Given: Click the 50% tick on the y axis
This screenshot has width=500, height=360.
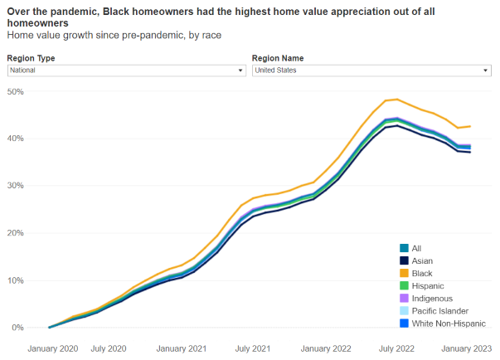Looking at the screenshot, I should click(x=17, y=90).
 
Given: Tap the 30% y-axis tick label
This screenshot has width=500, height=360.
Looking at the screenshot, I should click(x=17, y=185).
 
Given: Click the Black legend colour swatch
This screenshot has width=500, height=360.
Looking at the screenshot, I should click(x=404, y=273).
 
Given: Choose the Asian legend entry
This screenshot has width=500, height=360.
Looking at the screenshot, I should click(x=423, y=260).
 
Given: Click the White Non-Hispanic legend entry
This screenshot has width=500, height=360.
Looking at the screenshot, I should click(x=449, y=324).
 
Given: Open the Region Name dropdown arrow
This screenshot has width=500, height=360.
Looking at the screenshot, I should click(x=486, y=71).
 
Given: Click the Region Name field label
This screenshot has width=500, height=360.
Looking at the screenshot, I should click(x=278, y=58).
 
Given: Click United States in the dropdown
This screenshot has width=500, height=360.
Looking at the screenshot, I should click(x=275, y=71).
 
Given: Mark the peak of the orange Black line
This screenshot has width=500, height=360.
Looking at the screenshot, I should click(x=399, y=100).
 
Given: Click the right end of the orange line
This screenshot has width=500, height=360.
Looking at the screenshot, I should click(x=470, y=126).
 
